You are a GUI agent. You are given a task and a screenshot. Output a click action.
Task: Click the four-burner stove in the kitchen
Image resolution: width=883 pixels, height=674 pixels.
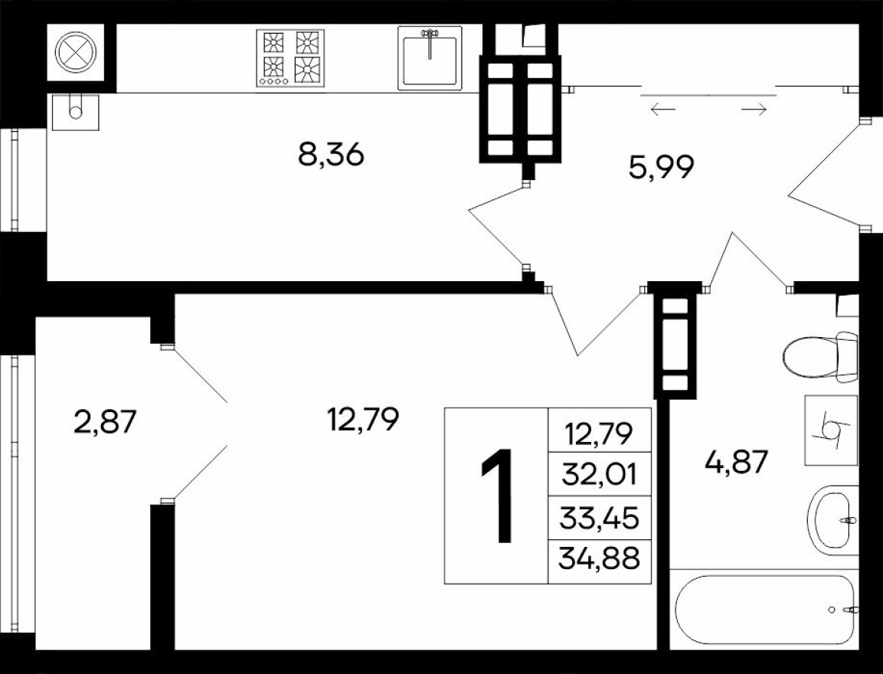[289, 57]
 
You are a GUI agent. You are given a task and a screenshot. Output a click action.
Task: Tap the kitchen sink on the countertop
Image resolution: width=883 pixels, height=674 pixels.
[430, 57]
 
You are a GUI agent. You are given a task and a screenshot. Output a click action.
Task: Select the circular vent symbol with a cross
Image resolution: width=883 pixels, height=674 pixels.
[75, 51]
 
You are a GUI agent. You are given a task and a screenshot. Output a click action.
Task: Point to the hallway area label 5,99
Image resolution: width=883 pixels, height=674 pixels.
[661, 167]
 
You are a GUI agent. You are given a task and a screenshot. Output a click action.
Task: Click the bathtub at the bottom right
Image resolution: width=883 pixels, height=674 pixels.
[764, 610]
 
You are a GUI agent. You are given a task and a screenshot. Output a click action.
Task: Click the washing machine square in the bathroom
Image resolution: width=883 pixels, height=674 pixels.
[830, 430]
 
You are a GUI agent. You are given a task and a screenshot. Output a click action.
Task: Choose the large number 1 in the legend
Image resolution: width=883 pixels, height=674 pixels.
[497, 496]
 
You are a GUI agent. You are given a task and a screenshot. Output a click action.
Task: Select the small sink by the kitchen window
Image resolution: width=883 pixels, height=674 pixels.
[75, 112]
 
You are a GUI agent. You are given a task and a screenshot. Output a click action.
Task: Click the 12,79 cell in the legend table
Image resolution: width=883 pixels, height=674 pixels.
[600, 435]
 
